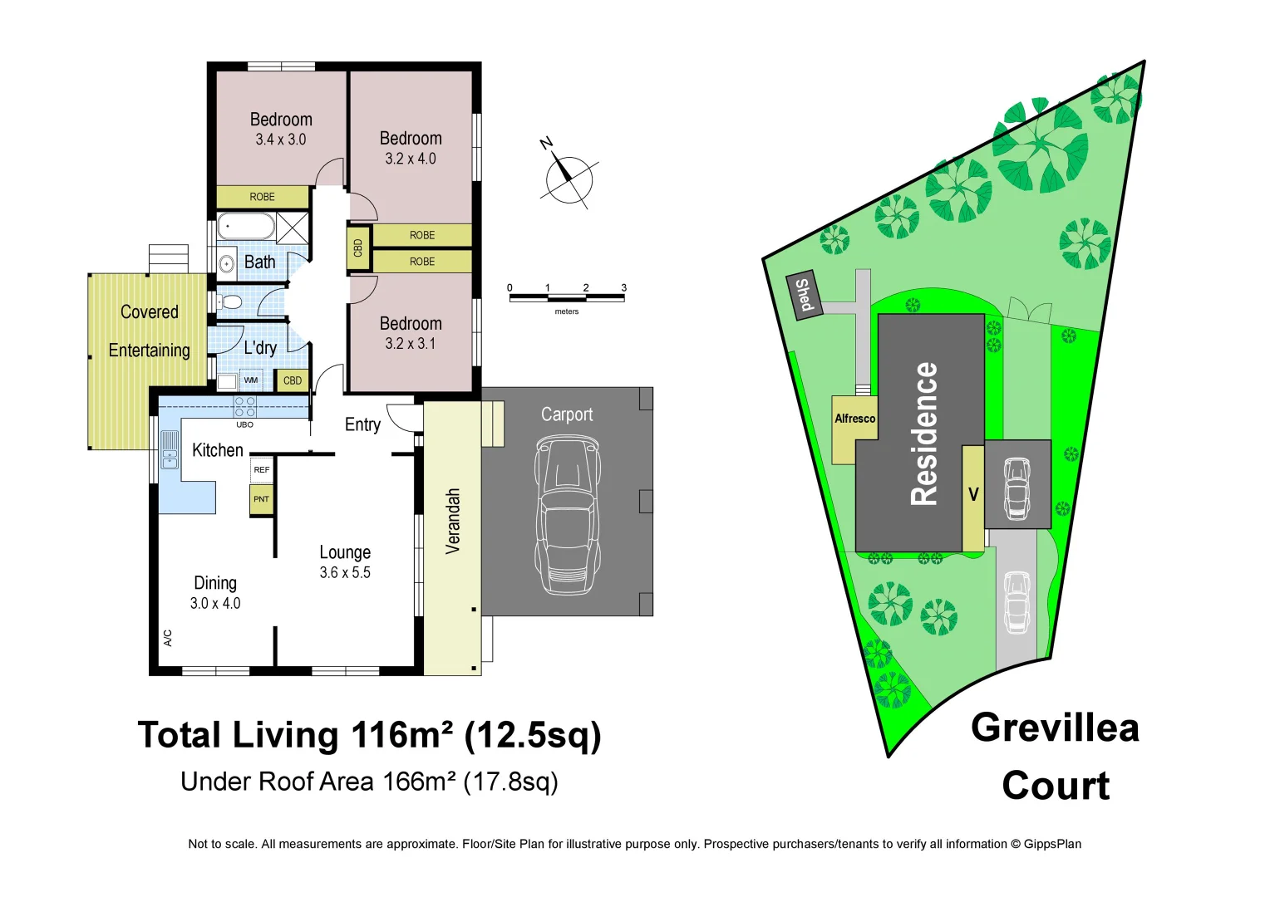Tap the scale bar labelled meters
[x=567, y=297]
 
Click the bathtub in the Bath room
[x=246, y=226]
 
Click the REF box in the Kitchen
[x=262, y=470]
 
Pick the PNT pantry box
[x=262, y=499]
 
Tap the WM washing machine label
[x=251, y=380]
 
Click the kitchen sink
[x=170, y=450]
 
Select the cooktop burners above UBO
[x=244, y=407]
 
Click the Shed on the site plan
[x=804, y=294]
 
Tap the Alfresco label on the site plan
[x=854, y=419]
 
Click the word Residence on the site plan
[x=924, y=434]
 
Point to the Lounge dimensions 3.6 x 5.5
[x=345, y=572]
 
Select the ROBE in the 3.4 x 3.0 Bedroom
[x=263, y=197]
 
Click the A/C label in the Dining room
[x=168, y=637]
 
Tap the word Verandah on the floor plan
[x=453, y=521]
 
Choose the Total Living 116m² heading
[x=369, y=735]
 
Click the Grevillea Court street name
[x=1055, y=757]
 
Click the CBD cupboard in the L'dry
[x=293, y=380]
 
